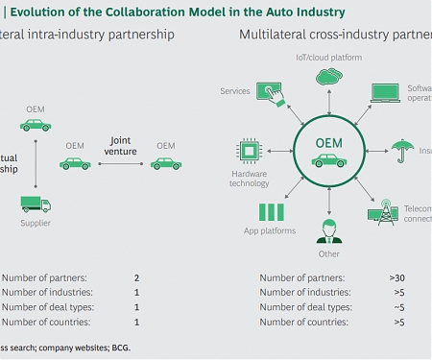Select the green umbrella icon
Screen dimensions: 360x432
401,150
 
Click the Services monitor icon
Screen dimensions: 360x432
265,92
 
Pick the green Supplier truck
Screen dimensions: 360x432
36,204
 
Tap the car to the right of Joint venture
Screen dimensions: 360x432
166,163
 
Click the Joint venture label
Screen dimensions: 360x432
121,144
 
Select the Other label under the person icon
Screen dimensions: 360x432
329,254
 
